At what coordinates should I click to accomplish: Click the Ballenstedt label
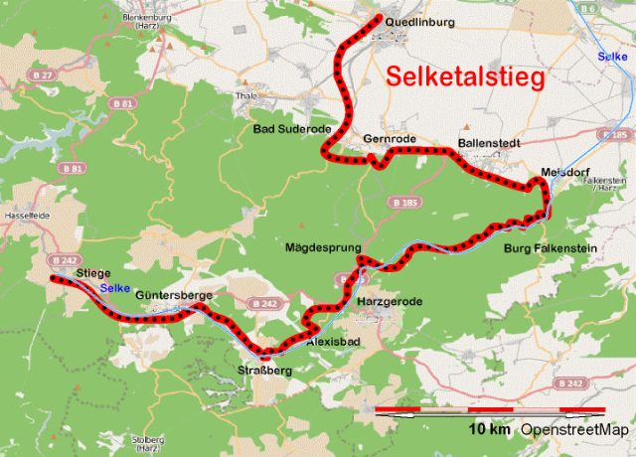point(489,143)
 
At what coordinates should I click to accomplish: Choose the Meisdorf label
point(564,171)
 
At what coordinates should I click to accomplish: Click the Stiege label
point(92,272)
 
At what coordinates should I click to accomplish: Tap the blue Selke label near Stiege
point(114,288)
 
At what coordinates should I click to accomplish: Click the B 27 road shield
point(41,75)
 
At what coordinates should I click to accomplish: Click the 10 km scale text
point(490,430)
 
